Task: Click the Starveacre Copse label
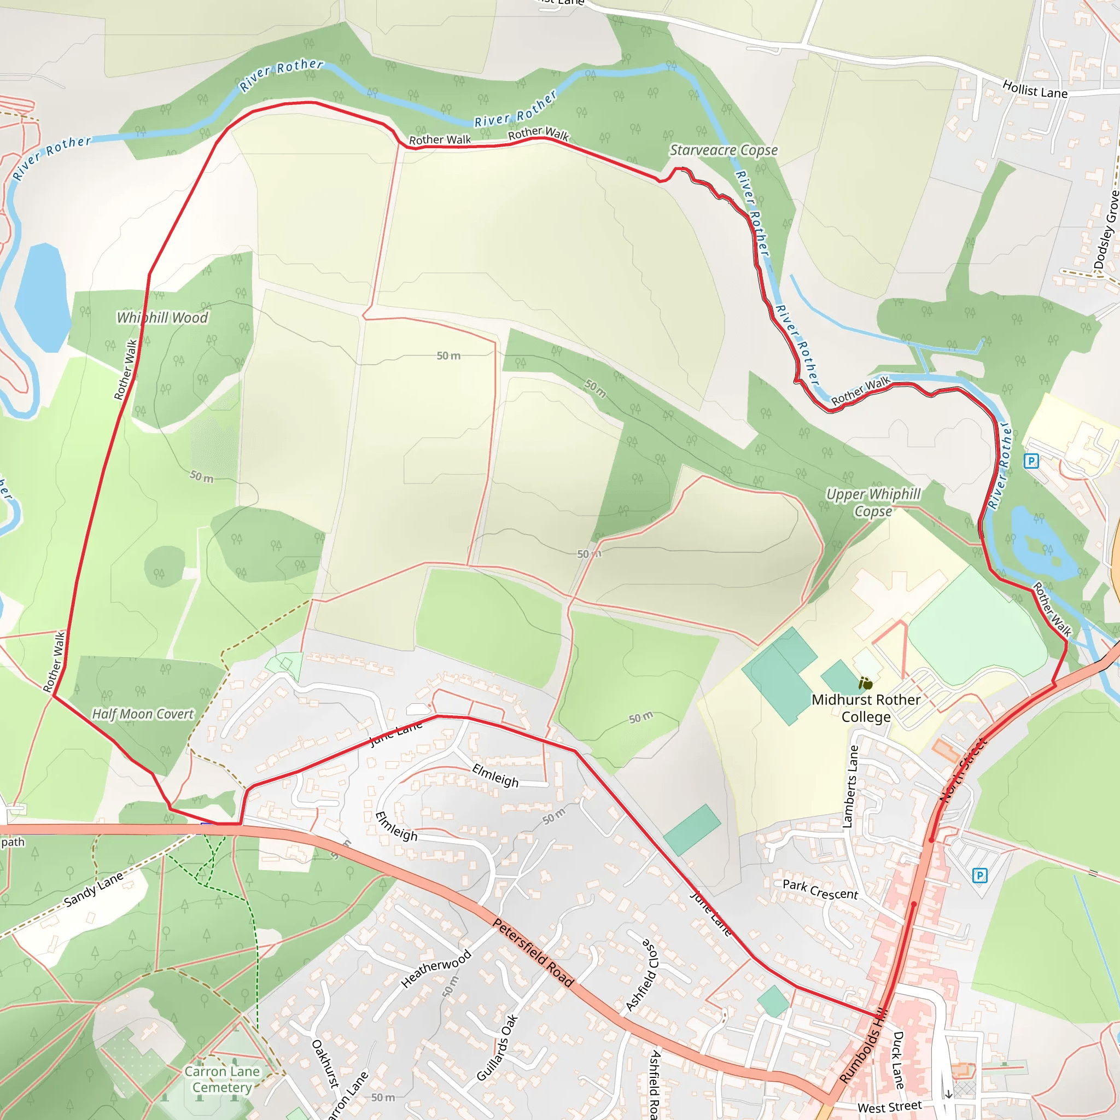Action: (724, 150)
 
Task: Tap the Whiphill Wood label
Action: (162, 318)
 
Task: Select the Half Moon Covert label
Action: (143, 714)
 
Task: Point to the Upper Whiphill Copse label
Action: (873, 503)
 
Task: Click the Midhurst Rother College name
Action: (866, 708)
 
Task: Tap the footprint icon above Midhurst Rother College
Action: (866, 684)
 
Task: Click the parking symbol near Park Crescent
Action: (979, 876)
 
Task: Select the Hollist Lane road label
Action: (1035, 89)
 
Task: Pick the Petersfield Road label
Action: (533, 953)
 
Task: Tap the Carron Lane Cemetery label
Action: (222, 1080)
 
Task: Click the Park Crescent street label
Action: (820, 890)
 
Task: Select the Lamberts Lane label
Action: (850, 786)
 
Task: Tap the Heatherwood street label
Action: (436, 969)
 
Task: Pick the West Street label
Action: (889, 1107)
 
